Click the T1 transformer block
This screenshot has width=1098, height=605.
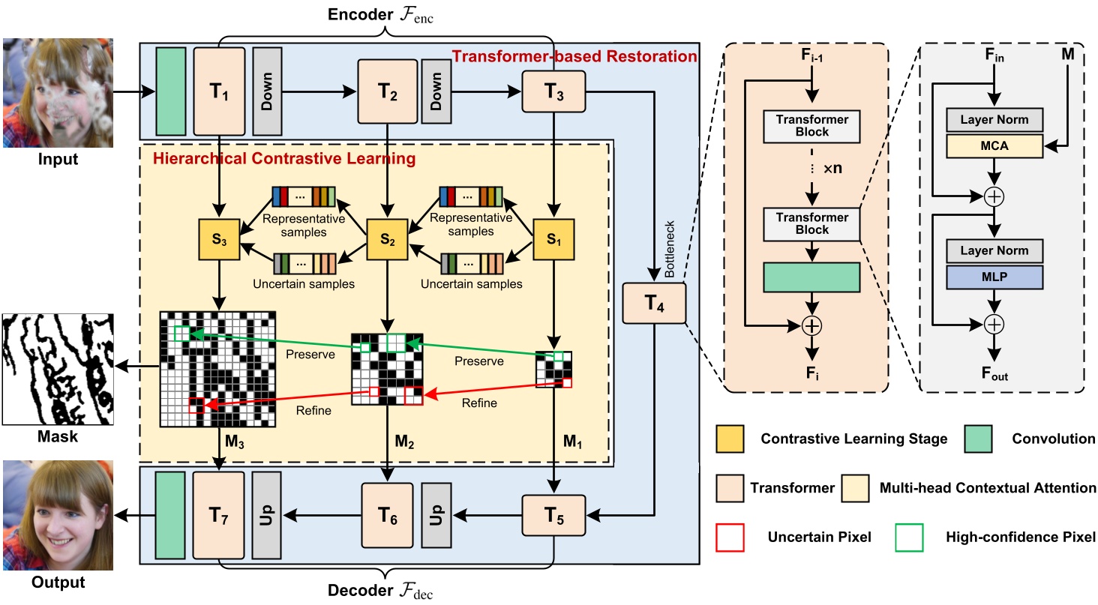point(219,91)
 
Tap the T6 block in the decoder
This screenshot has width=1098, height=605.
point(387,515)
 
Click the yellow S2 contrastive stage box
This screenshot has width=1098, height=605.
point(387,241)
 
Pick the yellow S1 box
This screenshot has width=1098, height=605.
point(553,241)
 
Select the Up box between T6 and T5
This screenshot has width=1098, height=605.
point(436,515)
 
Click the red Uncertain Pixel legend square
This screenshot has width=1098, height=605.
point(731,537)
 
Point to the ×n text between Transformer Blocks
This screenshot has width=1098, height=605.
point(823,168)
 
